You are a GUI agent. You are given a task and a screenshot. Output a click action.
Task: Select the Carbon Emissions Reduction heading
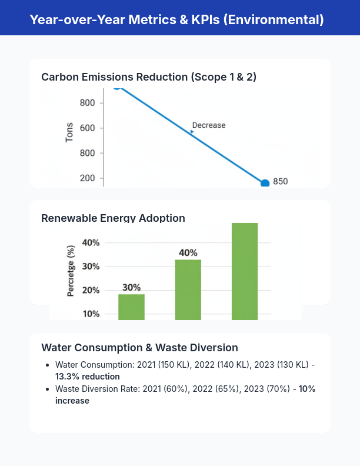[x=149, y=77]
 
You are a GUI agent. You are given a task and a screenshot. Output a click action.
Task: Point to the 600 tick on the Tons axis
[x=91, y=128]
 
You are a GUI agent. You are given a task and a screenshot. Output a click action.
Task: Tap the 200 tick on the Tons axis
[x=91, y=178]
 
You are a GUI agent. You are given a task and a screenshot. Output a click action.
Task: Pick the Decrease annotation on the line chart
[x=208, y=125]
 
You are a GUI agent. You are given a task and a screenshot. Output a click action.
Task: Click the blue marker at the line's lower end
[x=265, y=184]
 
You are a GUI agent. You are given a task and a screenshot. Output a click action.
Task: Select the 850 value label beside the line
[x=281, y=181]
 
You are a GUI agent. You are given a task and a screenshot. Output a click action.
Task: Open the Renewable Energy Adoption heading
[x=113, y=218]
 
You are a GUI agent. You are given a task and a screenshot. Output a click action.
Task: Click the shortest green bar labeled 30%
[x=131, y=307]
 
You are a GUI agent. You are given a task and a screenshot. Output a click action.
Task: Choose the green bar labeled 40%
[x=188, y=289]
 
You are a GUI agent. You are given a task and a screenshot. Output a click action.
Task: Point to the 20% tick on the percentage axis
[x=91, y=291]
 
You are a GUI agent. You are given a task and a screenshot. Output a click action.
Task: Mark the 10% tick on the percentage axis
[x=91, y=314]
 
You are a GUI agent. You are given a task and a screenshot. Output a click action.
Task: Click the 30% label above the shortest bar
[x=131, y=287]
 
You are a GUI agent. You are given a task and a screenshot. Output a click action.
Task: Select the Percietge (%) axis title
[x=71, y=271]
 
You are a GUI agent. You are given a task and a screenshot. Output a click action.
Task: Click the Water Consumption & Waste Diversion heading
[x=139, y=348]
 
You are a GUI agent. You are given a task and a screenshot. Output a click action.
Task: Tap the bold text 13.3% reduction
[x=88, y=377]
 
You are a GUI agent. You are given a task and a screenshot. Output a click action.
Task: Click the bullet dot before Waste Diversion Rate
[x=46, y=390]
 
